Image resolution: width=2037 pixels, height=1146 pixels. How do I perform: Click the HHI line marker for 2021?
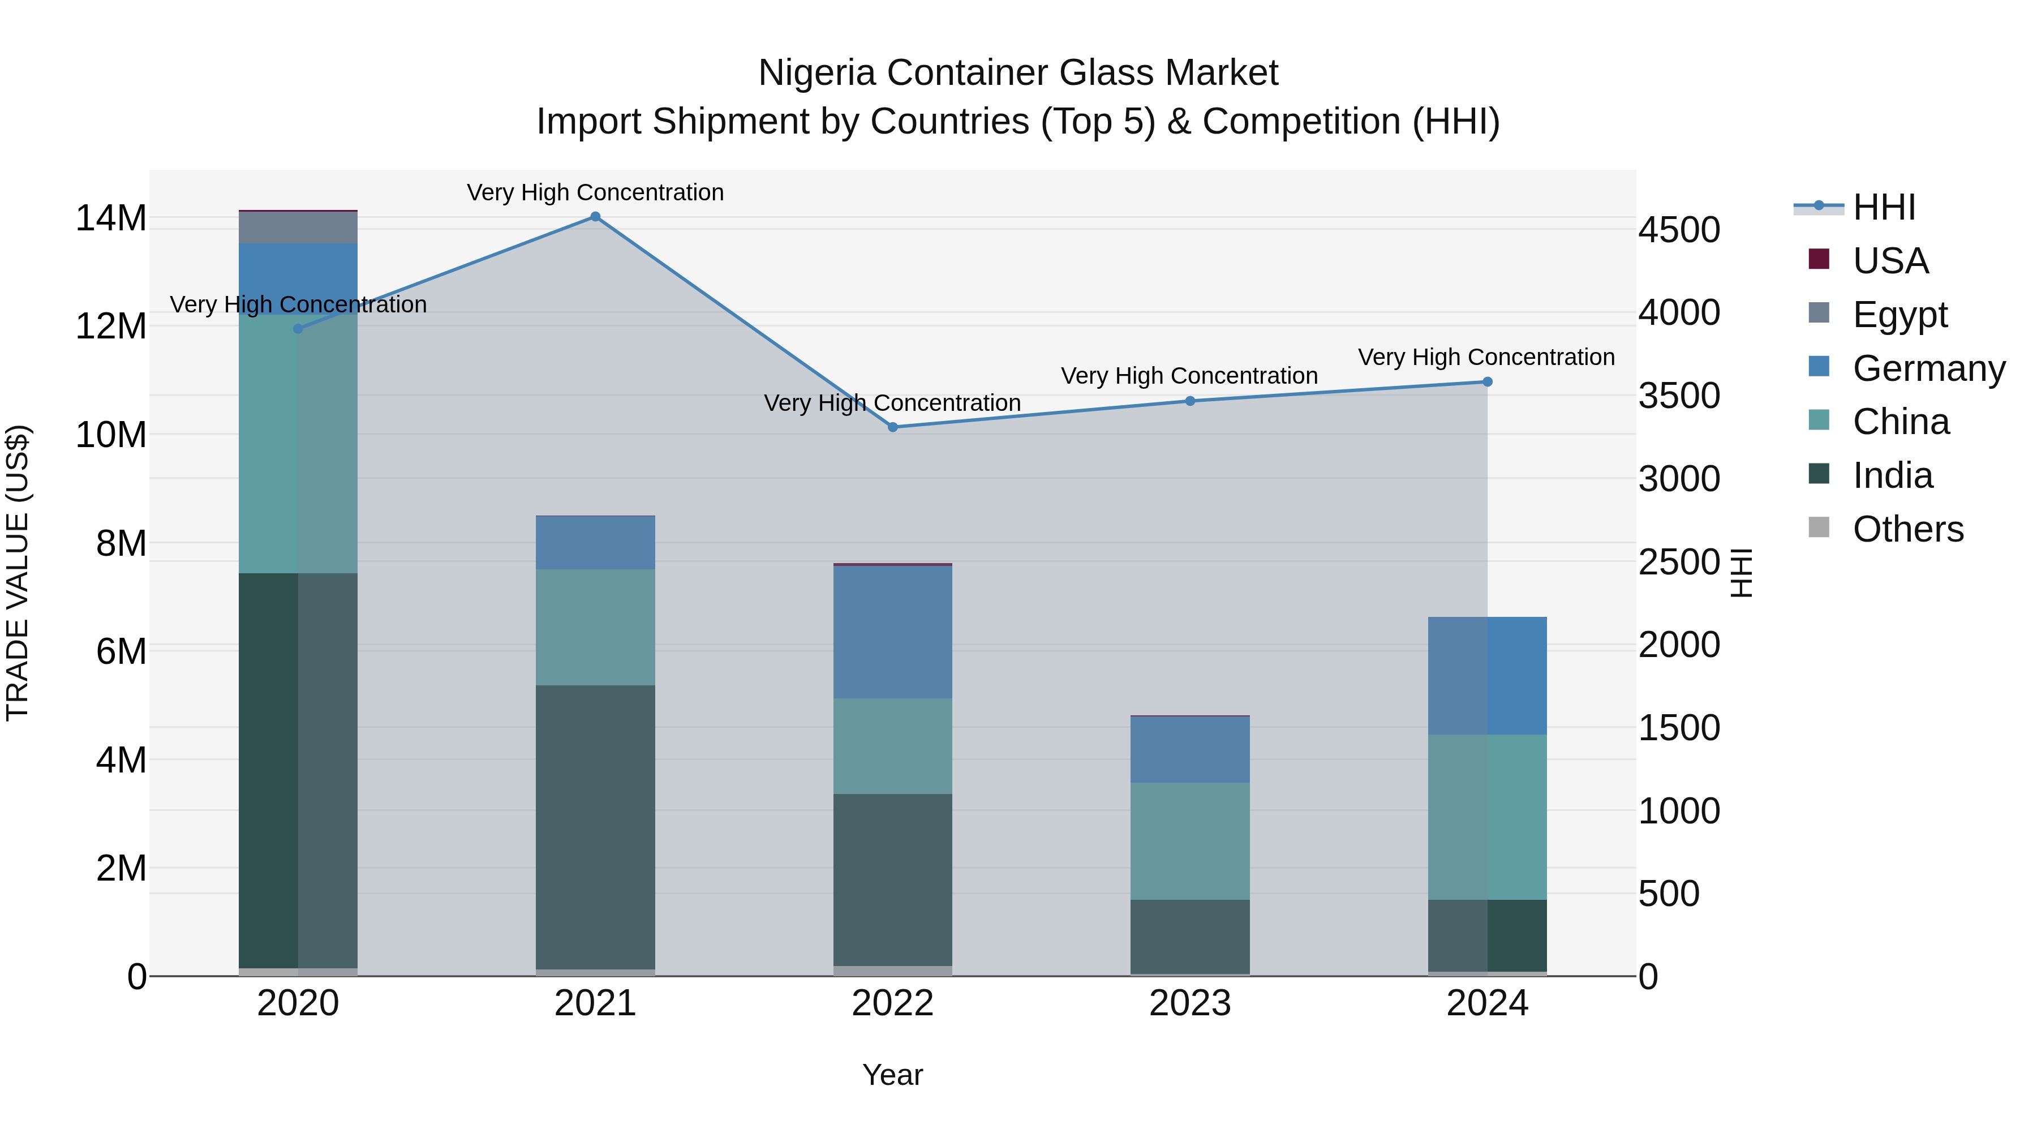coord(595,217)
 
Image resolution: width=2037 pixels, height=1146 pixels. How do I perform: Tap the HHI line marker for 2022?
coord(893,427)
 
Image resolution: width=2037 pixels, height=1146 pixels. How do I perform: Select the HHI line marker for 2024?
coord(1488,382)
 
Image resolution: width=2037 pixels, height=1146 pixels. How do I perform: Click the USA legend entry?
coord(1890,261)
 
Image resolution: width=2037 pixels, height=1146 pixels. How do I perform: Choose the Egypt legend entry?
coord(1900,315)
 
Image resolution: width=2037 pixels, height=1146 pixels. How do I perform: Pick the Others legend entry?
coord(1907,529)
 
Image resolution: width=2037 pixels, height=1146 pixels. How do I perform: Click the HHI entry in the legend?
coord(1884,207)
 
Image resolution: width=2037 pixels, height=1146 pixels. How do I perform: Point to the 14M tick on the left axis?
coord(111,218)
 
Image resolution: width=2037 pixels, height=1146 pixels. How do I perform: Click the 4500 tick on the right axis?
coord(1679,230)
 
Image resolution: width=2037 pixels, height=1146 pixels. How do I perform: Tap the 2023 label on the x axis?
coord(1189,1003)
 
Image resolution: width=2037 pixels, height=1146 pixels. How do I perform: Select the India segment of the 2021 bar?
coord(595,826)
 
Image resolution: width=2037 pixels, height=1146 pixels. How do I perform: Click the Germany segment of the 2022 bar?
coord(893,632)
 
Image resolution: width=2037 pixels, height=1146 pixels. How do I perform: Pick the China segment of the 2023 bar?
coord(1189,841)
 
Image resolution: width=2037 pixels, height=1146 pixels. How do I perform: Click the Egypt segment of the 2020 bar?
coord(298,228)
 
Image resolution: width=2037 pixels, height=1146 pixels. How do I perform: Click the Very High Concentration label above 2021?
coord(595,192)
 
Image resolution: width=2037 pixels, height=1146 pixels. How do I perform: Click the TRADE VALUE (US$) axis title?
coord(18,573)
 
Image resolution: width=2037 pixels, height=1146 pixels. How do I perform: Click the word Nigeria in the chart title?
coord(817,73)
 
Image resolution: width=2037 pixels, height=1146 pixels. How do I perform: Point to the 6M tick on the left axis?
coord(121,652)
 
